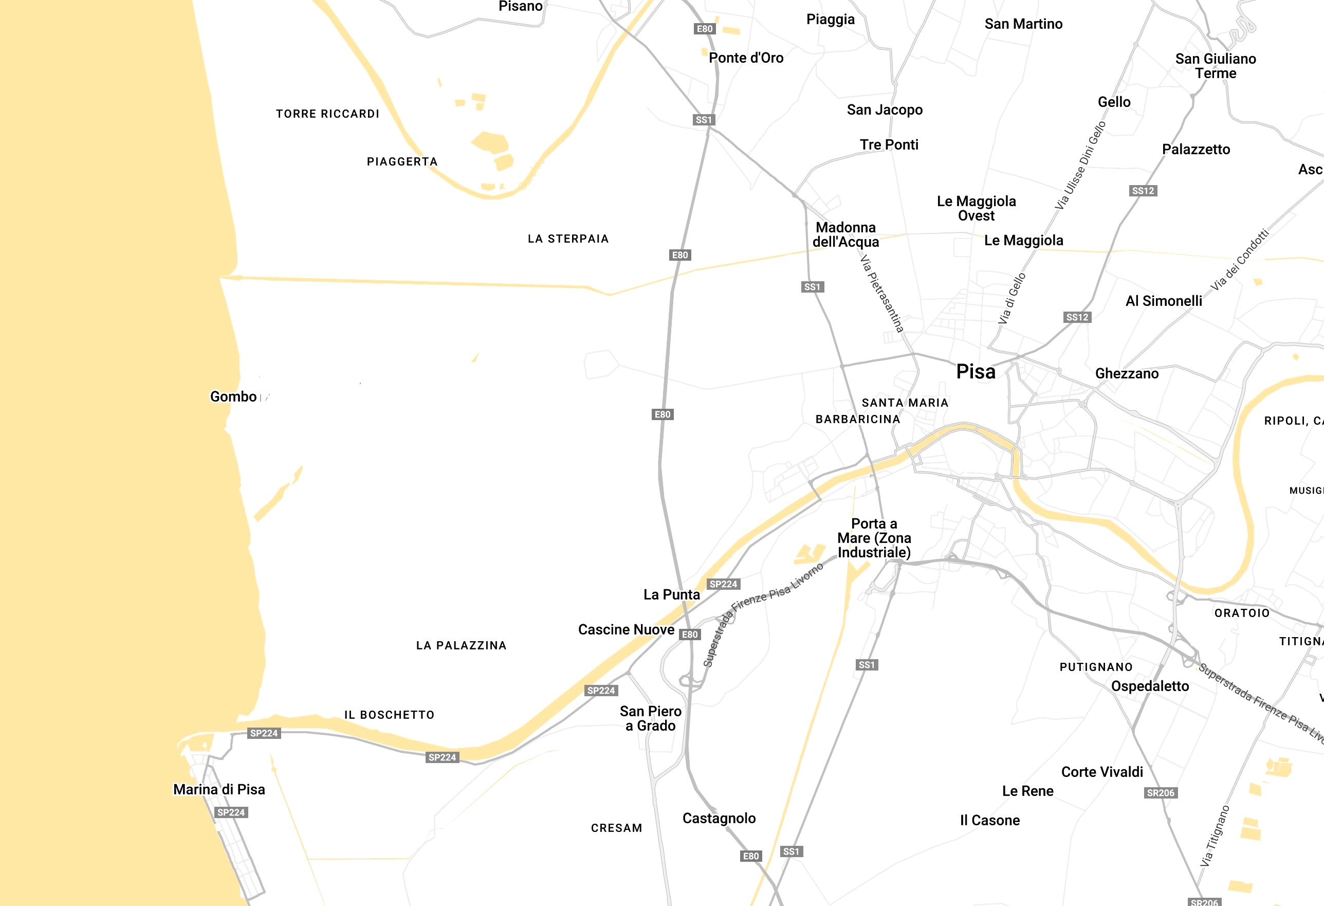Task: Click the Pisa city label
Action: point(976,372)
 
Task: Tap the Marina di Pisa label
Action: point(219,789)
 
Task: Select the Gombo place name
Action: point(233,396)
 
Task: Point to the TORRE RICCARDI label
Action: point(327,114)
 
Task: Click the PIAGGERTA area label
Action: point(402,162)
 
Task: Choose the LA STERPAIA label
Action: point(568,239)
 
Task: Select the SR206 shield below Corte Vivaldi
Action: point(1161,792)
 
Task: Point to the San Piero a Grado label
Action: point(651,718)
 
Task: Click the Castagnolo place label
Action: point(719,818)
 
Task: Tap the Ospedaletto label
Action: point(1150,686)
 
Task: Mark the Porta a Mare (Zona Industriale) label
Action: point(874,538)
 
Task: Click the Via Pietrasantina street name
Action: point(881,294)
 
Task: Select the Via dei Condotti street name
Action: point(1240,260)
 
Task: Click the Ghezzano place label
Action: point(1126,374)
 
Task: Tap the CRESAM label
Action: point(616,828)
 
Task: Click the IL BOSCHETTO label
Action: point(389,715)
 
